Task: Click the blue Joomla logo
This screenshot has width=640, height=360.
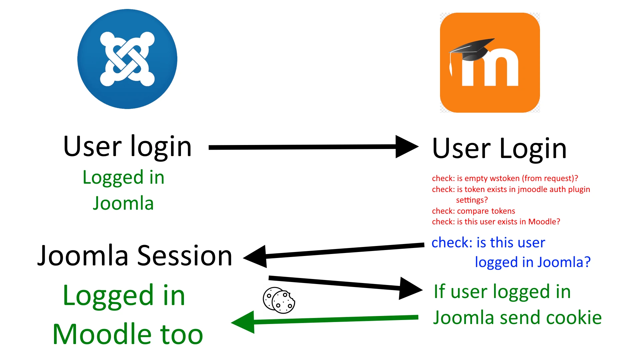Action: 127,59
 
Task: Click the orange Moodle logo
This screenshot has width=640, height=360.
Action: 490,63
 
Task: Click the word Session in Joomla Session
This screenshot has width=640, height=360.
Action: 185,256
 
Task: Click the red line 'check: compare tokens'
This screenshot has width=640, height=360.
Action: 473,211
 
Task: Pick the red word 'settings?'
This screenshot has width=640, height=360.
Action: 472,200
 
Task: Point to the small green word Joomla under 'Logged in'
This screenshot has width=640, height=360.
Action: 123,203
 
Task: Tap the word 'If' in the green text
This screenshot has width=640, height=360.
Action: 439,291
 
